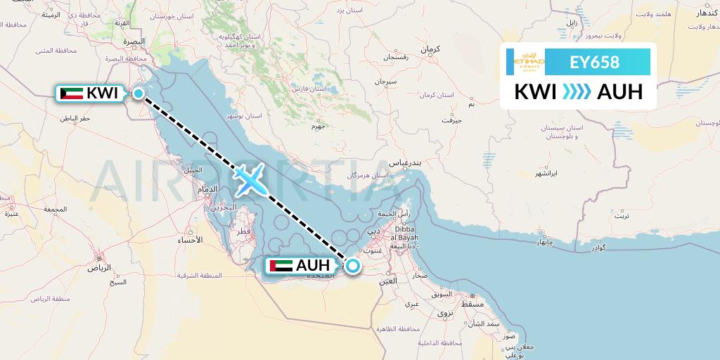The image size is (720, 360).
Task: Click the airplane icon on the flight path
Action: coord(250,180)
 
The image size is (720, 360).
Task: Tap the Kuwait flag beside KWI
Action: coord(71,93)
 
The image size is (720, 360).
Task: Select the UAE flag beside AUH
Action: coord(281,266)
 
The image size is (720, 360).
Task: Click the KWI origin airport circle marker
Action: coord(139,93)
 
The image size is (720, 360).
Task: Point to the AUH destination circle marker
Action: coord(353,265)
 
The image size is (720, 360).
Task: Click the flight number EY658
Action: coord(594,63)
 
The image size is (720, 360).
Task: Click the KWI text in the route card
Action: coord(536,92)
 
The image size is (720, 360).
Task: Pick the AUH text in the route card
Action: coord(619,92)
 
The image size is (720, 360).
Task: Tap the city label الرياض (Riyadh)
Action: coord(98,267)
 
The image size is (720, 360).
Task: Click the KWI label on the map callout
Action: coord(103,93)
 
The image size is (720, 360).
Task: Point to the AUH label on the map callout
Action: coord(313,266)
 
